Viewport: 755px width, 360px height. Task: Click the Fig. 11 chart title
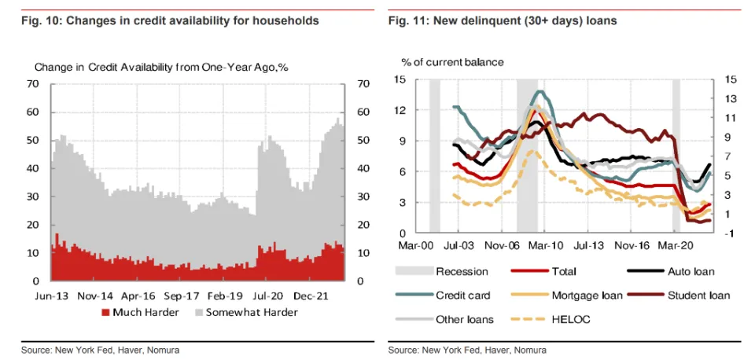503,20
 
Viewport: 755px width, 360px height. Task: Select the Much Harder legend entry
144,312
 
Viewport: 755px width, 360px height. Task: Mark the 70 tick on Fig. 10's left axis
33,83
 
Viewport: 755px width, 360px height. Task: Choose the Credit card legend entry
462,296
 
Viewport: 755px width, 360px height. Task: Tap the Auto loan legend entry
691,272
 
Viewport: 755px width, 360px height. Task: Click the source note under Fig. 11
467,350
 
